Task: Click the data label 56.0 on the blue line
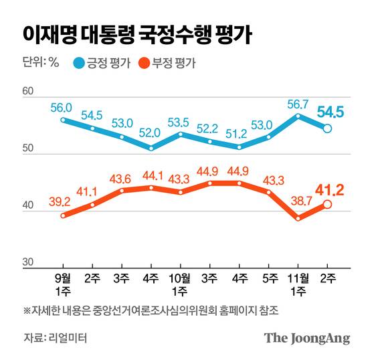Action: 62,106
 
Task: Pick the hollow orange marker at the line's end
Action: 327,205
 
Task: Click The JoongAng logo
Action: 307,338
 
